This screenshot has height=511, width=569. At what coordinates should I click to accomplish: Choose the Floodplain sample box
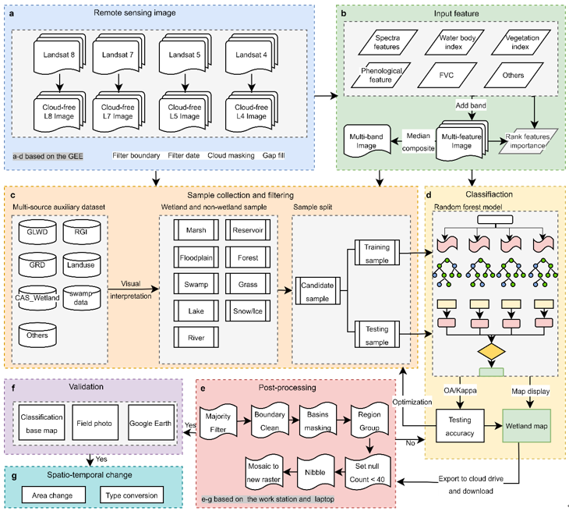192,257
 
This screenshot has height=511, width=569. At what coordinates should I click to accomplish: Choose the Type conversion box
133,495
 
